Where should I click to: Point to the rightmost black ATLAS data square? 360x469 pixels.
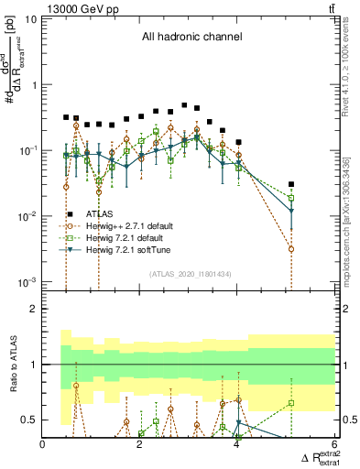click(291, 184)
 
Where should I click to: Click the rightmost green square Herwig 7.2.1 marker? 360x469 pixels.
click(291, 198)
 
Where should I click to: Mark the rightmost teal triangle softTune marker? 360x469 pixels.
click(291, 213)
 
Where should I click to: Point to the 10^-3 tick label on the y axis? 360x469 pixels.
click(27, 282)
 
